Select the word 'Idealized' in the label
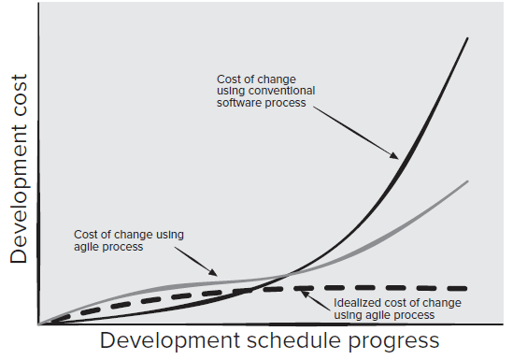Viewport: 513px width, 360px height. tap(356, 303)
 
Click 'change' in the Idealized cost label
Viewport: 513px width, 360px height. tap(438, 303)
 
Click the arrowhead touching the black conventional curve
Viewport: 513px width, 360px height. tap(398, 156)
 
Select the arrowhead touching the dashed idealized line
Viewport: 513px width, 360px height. tap(302, 291)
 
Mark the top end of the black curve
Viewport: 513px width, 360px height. tap(467, 37)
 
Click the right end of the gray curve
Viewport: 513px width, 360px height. tap(467, 181)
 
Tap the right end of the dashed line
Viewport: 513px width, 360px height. tap(466, 287)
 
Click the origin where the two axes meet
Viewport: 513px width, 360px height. tap(38, 324)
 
